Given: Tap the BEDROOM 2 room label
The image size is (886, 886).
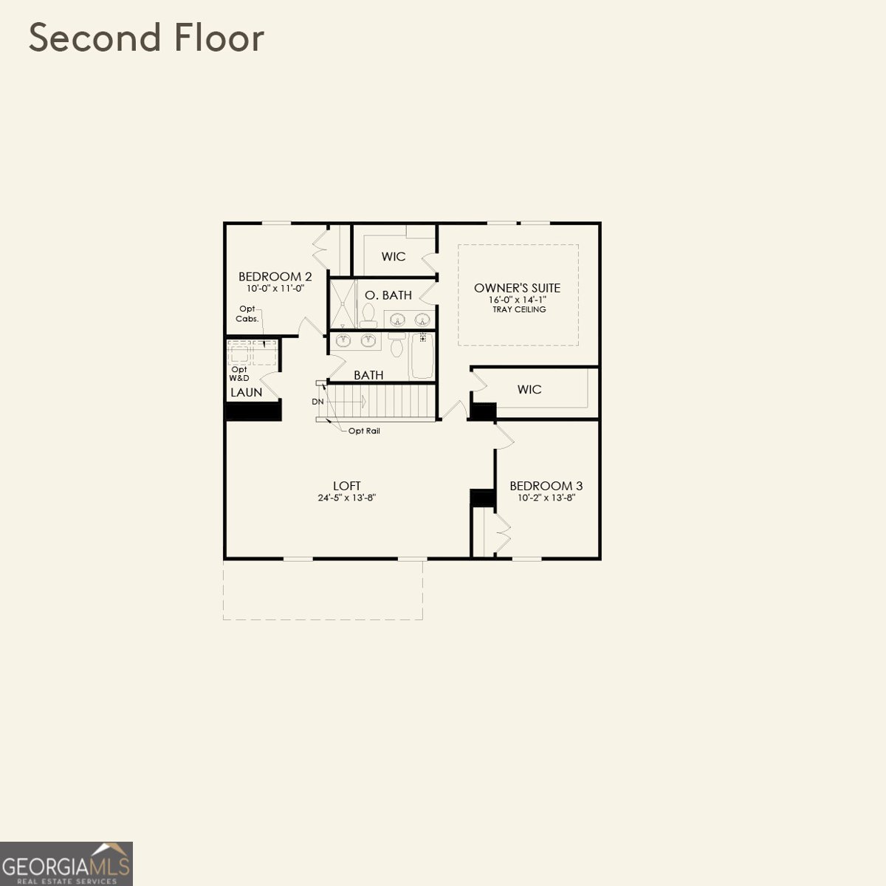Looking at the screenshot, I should coord(275,277).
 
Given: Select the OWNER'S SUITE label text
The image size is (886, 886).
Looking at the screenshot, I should coord(517,288).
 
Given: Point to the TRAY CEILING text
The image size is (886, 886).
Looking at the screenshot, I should coord(519,309).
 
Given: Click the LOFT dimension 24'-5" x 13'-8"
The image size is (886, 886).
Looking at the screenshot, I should coord(346,498).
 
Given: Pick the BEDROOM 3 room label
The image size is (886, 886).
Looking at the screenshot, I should coord(546,486).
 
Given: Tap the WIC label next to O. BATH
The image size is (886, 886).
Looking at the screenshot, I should coord(393,257).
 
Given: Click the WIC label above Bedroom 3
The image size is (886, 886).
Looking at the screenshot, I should coord(529,389).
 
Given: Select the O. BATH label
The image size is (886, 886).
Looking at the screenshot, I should coord(388,295).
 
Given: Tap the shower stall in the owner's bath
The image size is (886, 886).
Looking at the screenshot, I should coord(342,303).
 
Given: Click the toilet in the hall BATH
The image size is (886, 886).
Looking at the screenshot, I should coord(396,346).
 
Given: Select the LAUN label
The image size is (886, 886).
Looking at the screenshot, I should coord(246,392).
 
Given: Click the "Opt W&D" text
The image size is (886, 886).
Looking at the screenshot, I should coord(238,374).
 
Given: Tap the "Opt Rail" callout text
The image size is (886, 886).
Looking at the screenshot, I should coord(364,430).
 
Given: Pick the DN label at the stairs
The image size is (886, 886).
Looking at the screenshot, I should coord(317,402).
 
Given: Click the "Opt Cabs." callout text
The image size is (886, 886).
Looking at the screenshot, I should coord(247,314).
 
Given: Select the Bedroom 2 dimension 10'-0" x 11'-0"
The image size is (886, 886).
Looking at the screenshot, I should coord(275,289).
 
